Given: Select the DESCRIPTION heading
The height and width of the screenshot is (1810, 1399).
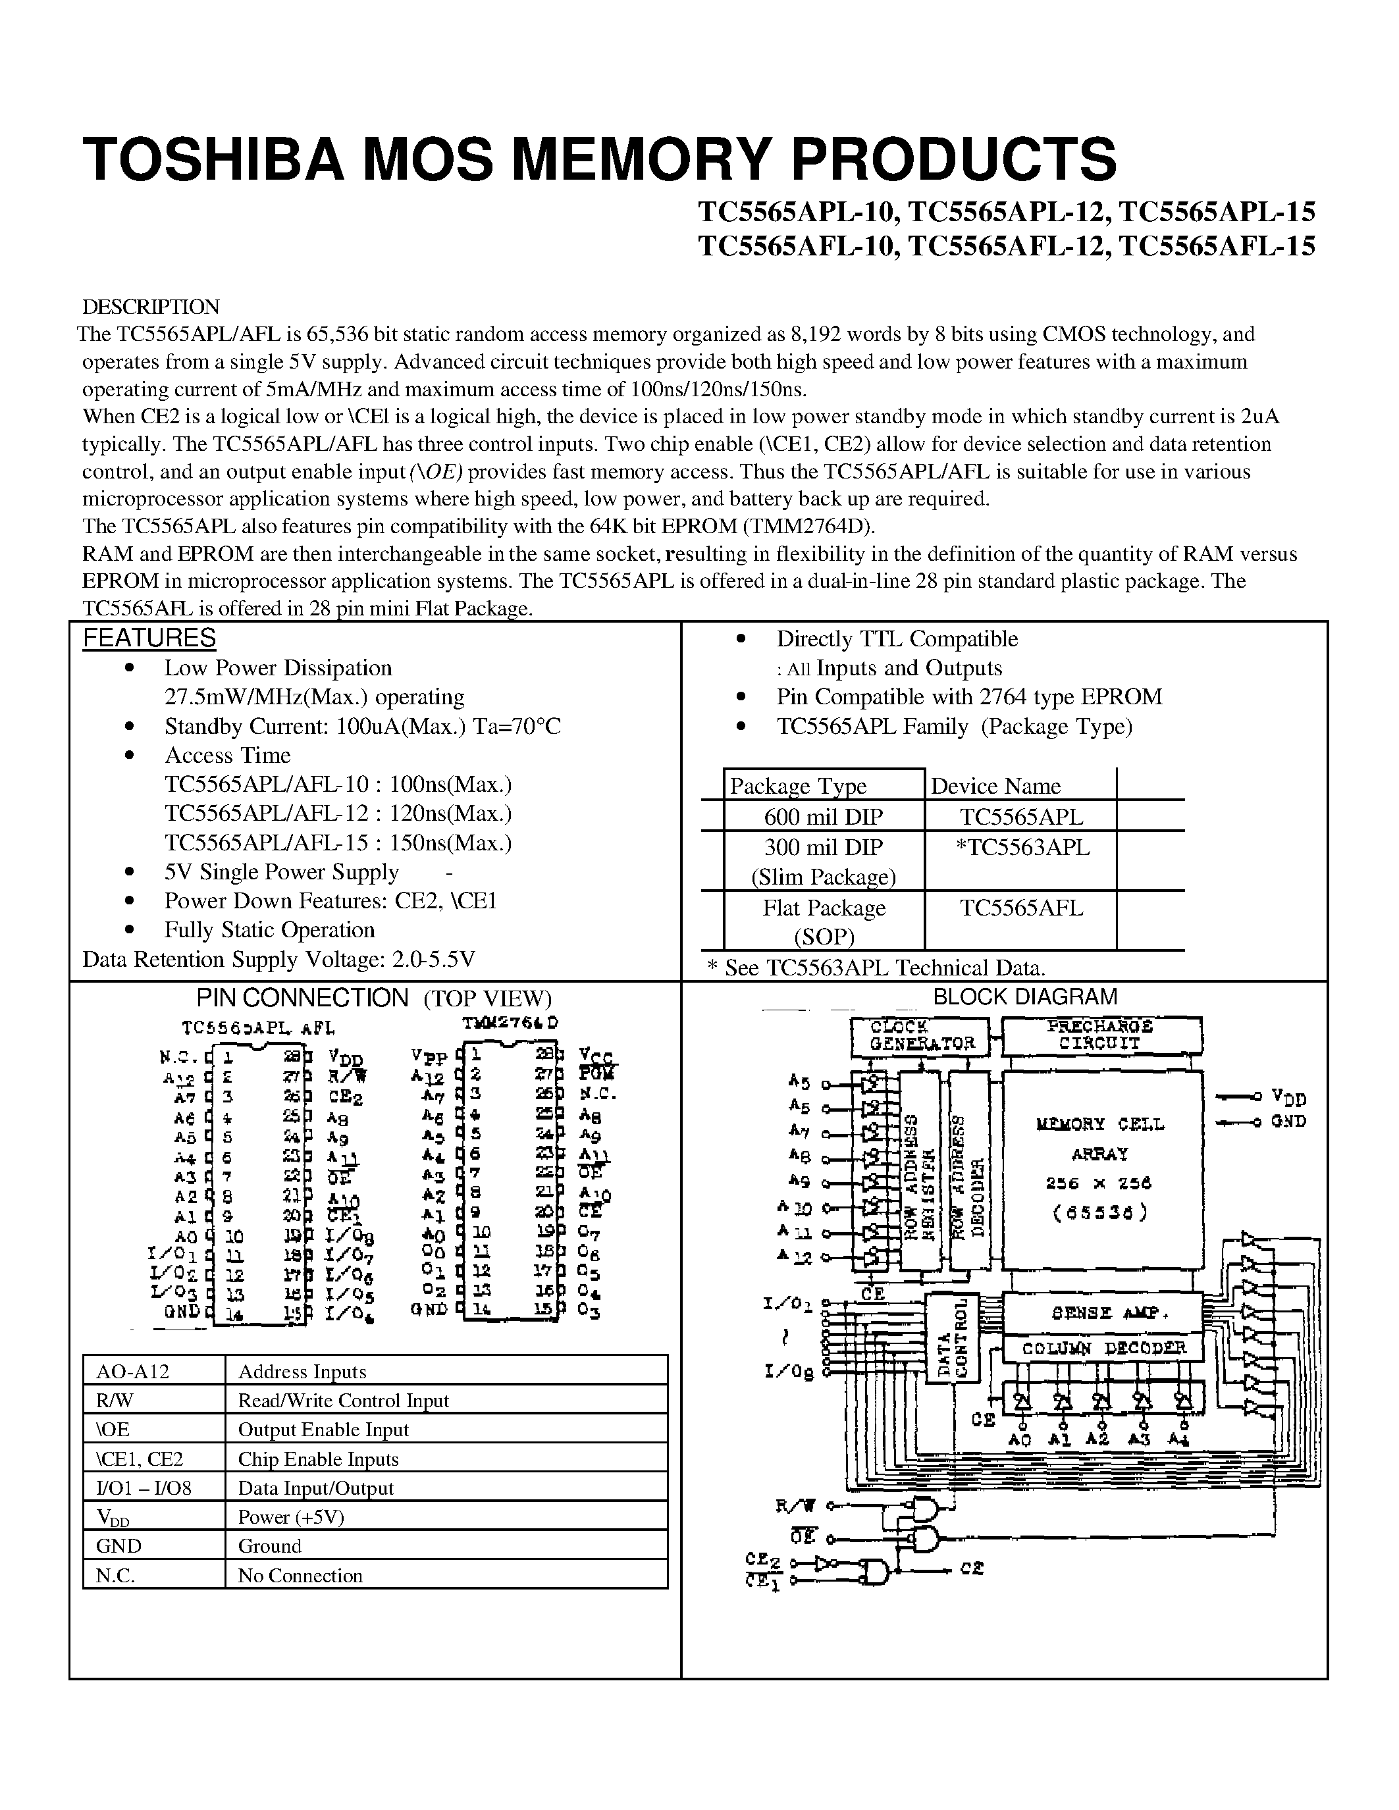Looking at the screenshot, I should tap(150, 307).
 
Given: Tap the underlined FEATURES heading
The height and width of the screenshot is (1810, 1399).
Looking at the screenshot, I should tap(149, 638).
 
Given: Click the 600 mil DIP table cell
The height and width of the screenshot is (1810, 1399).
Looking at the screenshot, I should tap(823, 817).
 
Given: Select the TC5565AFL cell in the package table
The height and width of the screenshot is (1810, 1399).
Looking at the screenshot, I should tap(1021, 908).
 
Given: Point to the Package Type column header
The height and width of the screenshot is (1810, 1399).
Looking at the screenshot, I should tap(797, 786).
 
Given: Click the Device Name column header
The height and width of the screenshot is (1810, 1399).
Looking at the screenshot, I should tap(995, 786).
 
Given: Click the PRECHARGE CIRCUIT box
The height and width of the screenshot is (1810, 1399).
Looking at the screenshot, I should tap(1101, 1035).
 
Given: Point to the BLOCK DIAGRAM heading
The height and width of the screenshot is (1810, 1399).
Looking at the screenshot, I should tap(1024, 997).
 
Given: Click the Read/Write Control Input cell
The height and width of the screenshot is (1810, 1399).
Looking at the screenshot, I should tap(343, 1401).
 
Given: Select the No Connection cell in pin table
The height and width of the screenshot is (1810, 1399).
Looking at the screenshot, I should tap(300, 1576).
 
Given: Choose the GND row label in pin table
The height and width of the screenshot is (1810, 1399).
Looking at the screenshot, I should tap(119, 1545).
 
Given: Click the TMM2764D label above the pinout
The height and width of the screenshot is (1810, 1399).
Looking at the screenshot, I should tap(510, 1023).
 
